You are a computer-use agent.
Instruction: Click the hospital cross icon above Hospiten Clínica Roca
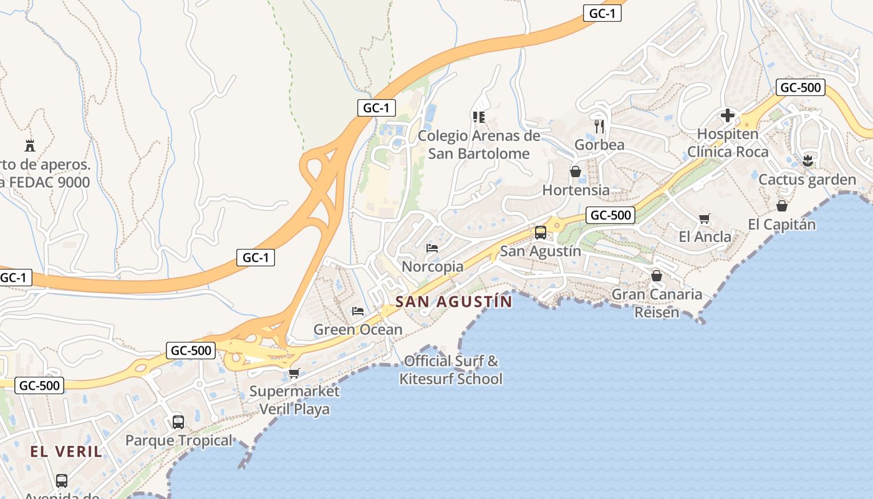pyautogui.click(x=727, y=115)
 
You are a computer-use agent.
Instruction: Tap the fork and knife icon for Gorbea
pyautogui.click(x=599, y=127)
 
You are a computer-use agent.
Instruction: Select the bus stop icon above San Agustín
pyautogui.click(x=541, y=233)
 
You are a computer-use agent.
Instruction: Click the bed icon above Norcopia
pyautogui.click(x=432, y=248)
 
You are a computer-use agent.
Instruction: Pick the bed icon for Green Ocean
pyautogui.click(x=358, y=311)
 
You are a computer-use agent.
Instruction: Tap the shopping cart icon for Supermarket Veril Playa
pyautogui.click(x=294, y=373)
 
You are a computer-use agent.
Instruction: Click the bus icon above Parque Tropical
pyautogui.click(x=178, y=422)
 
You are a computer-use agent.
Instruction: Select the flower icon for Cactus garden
pyautogui.click(x=808, y=161)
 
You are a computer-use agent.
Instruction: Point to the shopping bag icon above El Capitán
pyautogui.click(x=782, y=206)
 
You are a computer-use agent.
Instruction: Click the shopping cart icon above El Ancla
pyautogui.click(x=705, y=218)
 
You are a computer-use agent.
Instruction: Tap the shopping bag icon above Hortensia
pyautogui.click(x=576, y=171)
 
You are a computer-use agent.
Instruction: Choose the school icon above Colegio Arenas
pyautogui.click(x=479, y=117)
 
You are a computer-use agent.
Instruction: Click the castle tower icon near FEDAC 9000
pyautogui.click(x=29, y=146)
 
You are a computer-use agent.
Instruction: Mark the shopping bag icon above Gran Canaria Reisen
pyautogui.click(x=657, y=276)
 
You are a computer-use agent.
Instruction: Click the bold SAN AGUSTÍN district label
pyautogui.click(x=454, y=302)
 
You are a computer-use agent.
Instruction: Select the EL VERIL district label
pyautogui.click(x=66, y=452)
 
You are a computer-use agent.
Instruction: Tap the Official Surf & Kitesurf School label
pyautogui.click(x=451, y=369)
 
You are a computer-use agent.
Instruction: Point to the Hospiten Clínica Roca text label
pyautogui.click(x=727, y=143)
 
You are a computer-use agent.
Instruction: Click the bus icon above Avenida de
pyautogui.click(x=62, y=480)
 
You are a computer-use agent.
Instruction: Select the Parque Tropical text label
pyautogui.click(x=179, y=440)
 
